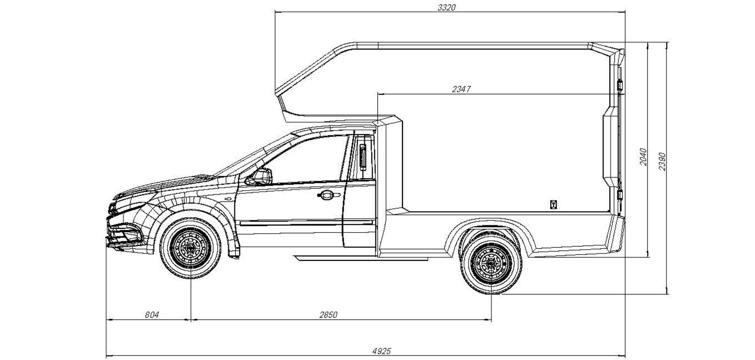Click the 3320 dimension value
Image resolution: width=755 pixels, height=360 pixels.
click(x=446, y=7)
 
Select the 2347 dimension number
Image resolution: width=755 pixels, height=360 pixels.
click(x=461, y=89)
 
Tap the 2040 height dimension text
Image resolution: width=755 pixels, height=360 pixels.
click(x=643, y=157)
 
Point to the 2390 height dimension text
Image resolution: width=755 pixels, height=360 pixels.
click(x=662, y=162)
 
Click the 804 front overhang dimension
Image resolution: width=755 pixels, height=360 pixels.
click(x=152, y=315)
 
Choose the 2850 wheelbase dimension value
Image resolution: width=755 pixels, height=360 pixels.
click(x=328, y=315)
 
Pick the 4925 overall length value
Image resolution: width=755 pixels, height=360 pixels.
click(x=382, y=351)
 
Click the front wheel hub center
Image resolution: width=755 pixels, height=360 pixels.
click(x=191, y=248)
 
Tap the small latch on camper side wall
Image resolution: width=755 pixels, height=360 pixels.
click(x=553, y=204)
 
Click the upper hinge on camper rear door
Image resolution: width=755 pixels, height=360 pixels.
click(x=620, y=86)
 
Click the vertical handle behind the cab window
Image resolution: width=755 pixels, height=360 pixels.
click(x=363, y=157)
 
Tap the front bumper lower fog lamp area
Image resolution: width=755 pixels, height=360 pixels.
click(x=123, y=237)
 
